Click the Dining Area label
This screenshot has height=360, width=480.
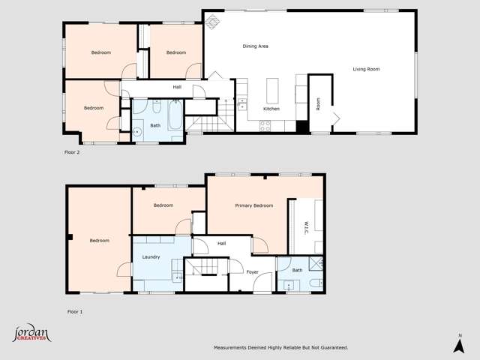click(x=255, y=46)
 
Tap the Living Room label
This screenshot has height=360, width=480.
click(x=367, y=69)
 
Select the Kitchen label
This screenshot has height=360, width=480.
click(x=271, y=109)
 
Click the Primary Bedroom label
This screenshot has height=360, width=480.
click(x=253, y=205)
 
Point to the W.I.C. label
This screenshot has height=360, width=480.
click(x=307, y=226)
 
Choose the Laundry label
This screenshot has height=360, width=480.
click(x=151, y=257)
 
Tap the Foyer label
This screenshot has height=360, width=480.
click(x=253, y=272)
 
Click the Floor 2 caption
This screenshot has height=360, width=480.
click(x=72, y=152)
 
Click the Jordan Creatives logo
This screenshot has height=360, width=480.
click(x=31, y=334)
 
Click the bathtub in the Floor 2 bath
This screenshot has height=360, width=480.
click(x=174, y=117)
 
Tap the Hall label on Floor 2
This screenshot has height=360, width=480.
click(x=177, y=87)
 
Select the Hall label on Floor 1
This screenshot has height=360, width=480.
click(x=221, y=244)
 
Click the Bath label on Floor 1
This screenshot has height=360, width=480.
click(x=297, y=270)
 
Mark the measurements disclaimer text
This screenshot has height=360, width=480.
click(x=280, y=348)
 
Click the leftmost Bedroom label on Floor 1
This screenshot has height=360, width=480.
click(x=99, y=241)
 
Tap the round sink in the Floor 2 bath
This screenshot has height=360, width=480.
click(x=138, y=131)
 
